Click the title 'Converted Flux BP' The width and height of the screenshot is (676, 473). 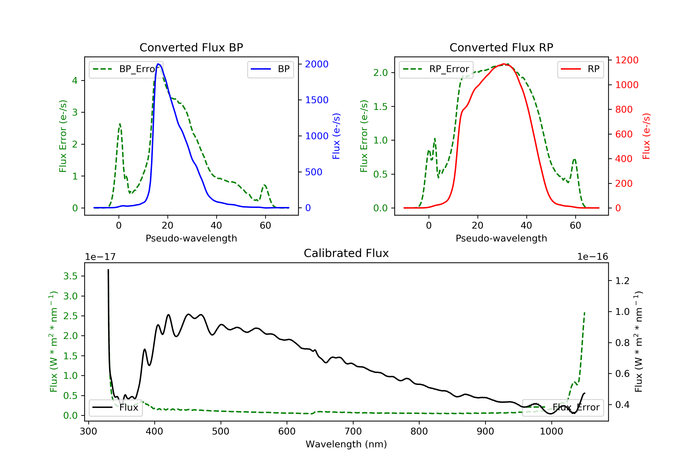(191, 47)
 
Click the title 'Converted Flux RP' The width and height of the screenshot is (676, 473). (501, 47)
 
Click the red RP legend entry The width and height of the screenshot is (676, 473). (580, 69)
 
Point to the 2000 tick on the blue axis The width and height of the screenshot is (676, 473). (317, 64)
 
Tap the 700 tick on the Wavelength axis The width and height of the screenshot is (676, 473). (353, 432)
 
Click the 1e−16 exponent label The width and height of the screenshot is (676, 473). (592, 257)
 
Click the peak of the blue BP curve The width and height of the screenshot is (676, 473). (158, 64)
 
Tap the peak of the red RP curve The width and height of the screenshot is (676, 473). (504, 64)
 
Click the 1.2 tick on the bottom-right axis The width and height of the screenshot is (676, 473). (622, 281)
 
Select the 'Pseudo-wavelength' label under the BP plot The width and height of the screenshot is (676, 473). (191, 238)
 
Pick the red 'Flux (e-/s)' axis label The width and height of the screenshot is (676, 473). (646, 136)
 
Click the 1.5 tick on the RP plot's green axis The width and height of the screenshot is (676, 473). (380, 107)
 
